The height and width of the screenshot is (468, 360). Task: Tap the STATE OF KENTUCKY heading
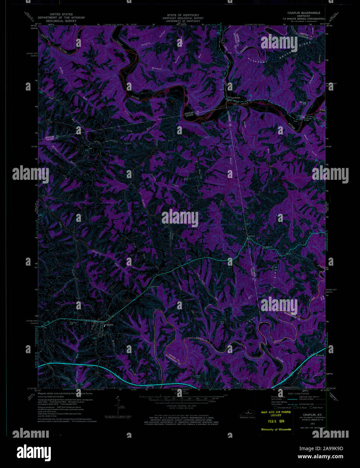(183, 15)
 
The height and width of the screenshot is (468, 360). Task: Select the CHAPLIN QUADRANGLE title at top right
(306, 13)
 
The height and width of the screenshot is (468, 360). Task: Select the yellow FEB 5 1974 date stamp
(276, 421)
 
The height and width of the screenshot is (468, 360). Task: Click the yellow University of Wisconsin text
(276, 429)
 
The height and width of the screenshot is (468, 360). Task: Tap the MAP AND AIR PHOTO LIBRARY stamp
(276, 413)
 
